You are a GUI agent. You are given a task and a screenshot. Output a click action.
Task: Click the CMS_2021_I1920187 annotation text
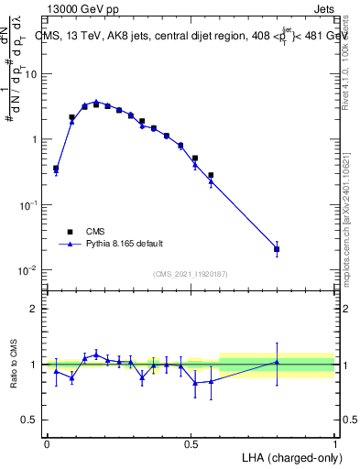click(x=190, y=274)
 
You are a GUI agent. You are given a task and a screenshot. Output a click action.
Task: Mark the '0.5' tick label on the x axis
click(x=191, y=443)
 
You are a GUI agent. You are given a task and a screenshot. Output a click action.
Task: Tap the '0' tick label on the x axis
click(x=47, y=443)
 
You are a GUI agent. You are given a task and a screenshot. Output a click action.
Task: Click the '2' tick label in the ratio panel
click(x=35, y=309)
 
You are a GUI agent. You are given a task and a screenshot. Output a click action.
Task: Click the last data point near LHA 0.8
click(x=278, y=249)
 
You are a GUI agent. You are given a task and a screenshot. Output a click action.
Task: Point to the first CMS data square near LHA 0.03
click(x=56, y=169)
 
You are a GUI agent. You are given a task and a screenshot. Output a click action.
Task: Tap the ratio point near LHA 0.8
click(x=278, y=362)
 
